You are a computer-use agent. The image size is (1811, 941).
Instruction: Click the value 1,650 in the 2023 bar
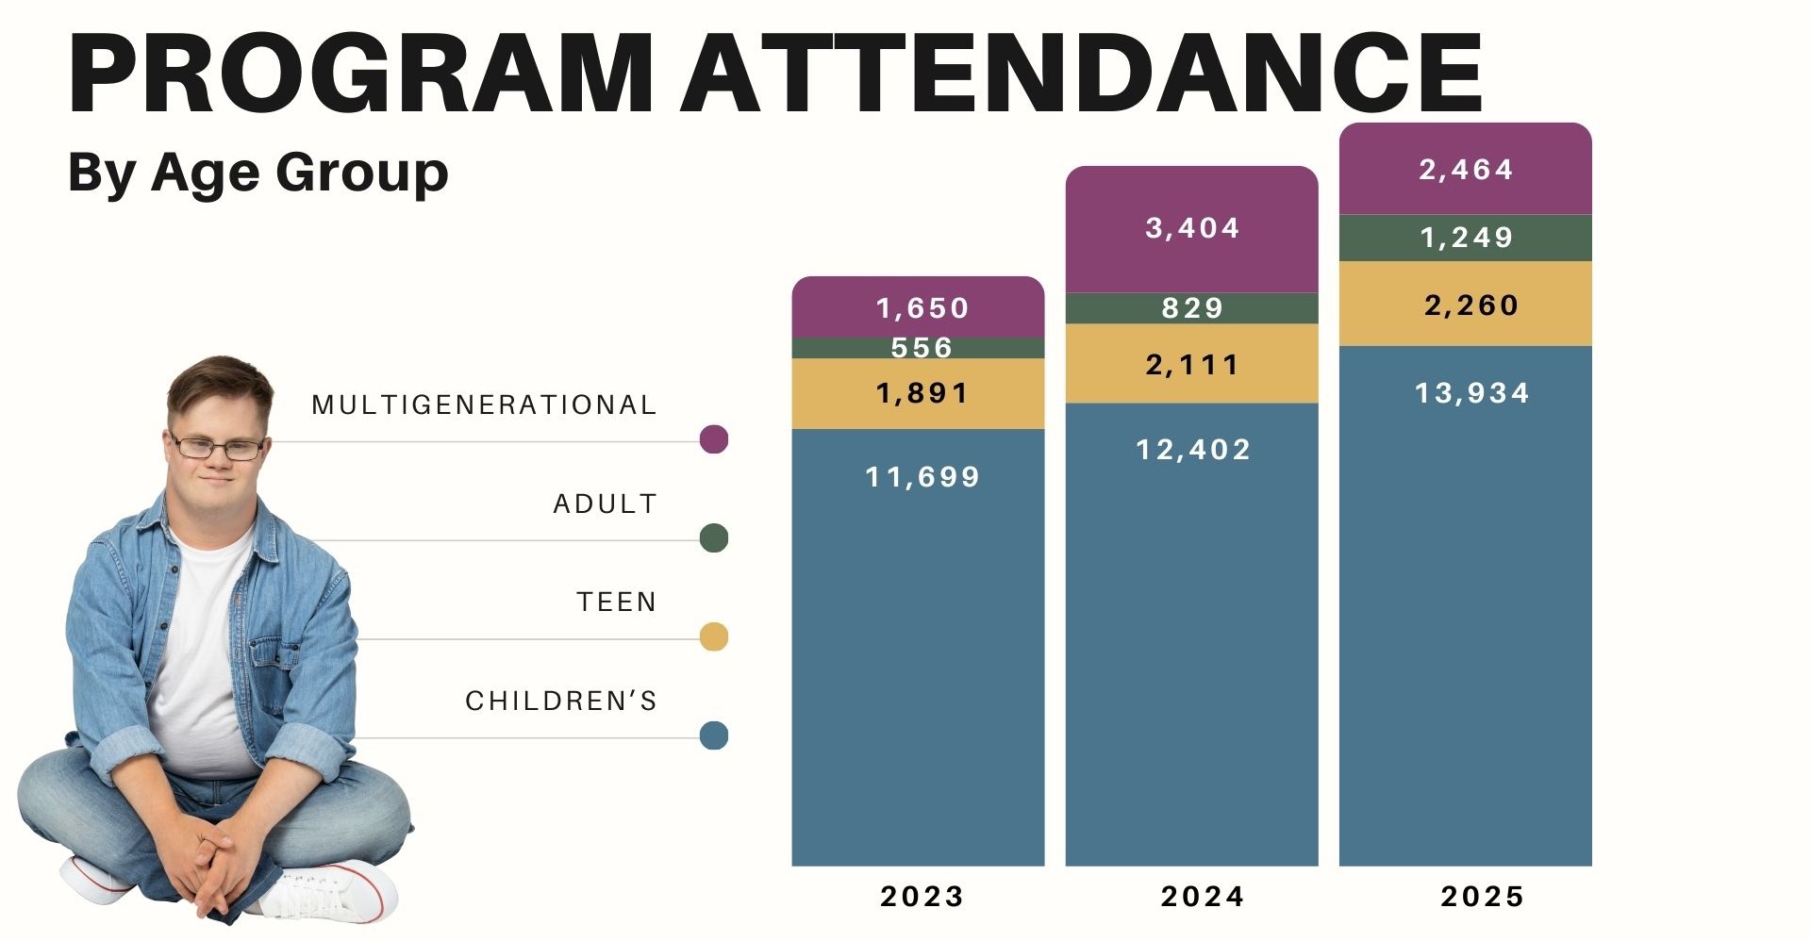922,308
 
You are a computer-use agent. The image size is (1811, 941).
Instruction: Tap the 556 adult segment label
922,348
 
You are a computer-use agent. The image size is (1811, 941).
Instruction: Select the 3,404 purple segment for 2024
1191,228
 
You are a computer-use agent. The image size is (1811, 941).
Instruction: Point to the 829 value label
1192,308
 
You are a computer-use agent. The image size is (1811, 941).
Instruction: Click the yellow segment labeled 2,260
1470,305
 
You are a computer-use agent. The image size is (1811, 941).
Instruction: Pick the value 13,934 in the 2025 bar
1471,393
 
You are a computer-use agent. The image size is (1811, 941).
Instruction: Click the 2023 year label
922,896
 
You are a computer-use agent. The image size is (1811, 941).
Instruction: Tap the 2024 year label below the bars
1202,896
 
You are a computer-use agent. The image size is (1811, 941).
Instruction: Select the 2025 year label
1482,896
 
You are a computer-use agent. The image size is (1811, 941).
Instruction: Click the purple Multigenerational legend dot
714,439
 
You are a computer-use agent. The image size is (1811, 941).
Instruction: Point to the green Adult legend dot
714,538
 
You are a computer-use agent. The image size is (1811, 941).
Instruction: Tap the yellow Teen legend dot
714,637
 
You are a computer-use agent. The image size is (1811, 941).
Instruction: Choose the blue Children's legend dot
714,735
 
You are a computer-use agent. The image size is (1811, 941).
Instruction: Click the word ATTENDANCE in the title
1081,74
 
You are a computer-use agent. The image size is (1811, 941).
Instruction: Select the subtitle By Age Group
258,173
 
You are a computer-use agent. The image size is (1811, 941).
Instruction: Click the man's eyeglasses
217,448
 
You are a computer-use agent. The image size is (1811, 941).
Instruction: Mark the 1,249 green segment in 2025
1466,238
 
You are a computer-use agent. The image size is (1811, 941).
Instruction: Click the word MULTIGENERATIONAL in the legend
484,405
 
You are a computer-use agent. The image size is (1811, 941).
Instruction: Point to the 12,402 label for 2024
1192,450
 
